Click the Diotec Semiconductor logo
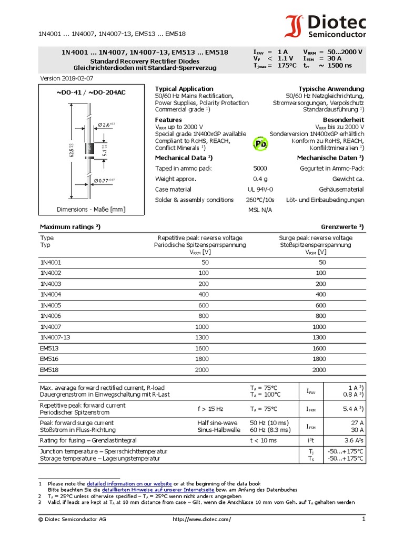tap(326, 26)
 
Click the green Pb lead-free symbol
tap(260, 143)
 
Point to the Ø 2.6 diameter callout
tap(106, 124)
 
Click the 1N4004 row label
tap(51, 294)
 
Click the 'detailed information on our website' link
tap(129, 483)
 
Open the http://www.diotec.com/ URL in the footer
tap(202, 519)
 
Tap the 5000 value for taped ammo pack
tap(260, 168)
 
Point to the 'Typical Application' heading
tap(184, 89)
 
